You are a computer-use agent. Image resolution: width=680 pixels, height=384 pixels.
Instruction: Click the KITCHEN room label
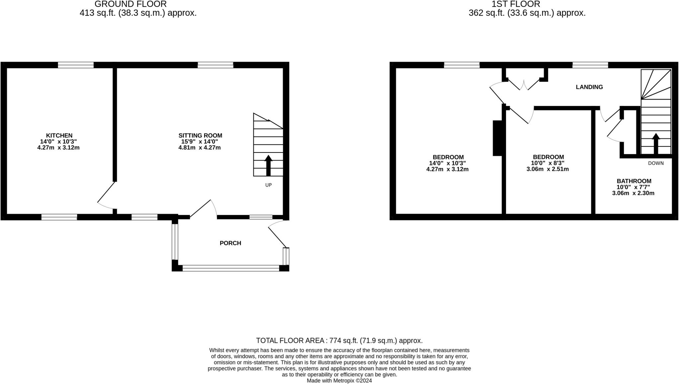pos(59,136)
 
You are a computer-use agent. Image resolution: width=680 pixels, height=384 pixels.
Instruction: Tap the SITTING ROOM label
pos(200,136)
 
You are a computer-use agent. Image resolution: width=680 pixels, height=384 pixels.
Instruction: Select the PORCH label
pos(230,243)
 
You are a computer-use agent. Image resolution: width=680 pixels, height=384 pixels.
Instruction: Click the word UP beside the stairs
pos(268,185)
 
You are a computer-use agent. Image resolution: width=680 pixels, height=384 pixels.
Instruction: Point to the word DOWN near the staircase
pos(656,163)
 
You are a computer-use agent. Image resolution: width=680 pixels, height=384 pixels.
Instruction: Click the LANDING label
pos(589,87)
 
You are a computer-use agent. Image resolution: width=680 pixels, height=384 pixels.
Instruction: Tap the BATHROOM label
pos(634,181)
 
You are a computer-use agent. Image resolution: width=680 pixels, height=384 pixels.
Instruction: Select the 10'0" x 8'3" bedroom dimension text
pos(548,163)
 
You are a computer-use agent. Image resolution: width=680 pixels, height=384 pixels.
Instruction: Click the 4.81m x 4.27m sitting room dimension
pos(200,147)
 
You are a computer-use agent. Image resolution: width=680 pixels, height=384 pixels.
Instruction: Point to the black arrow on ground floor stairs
pos(268,165)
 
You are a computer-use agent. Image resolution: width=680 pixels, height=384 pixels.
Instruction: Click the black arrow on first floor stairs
pos(656,144)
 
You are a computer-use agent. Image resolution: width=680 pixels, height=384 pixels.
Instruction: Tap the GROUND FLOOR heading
pos(130,4)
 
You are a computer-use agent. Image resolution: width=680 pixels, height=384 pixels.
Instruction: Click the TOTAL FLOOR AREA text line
pos(339,340)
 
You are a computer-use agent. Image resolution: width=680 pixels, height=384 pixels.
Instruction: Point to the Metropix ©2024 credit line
pos(339,381)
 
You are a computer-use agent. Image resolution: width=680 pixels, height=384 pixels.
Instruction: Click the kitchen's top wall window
pos(76,65)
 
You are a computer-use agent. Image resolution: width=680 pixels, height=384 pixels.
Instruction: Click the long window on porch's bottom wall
pos(231,268)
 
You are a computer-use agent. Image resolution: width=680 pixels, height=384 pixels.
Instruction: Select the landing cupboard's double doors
pos(524,85)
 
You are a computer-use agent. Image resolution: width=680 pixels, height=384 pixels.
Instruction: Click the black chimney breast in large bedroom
pos(497,138)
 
